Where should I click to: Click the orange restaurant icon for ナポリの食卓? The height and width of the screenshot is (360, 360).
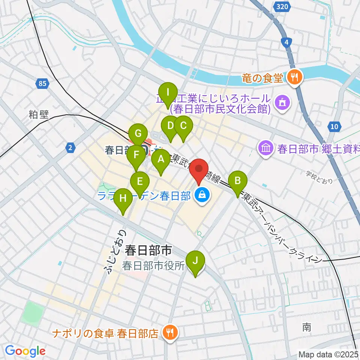point(170,332)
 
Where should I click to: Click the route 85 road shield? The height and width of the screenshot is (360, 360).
point(42,83)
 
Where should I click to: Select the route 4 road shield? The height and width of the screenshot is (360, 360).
point(287,43)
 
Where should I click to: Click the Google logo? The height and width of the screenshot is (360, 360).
point(25,351)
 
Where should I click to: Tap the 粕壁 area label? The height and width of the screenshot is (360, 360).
point(39,115)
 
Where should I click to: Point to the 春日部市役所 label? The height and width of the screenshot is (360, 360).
point(154,266)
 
